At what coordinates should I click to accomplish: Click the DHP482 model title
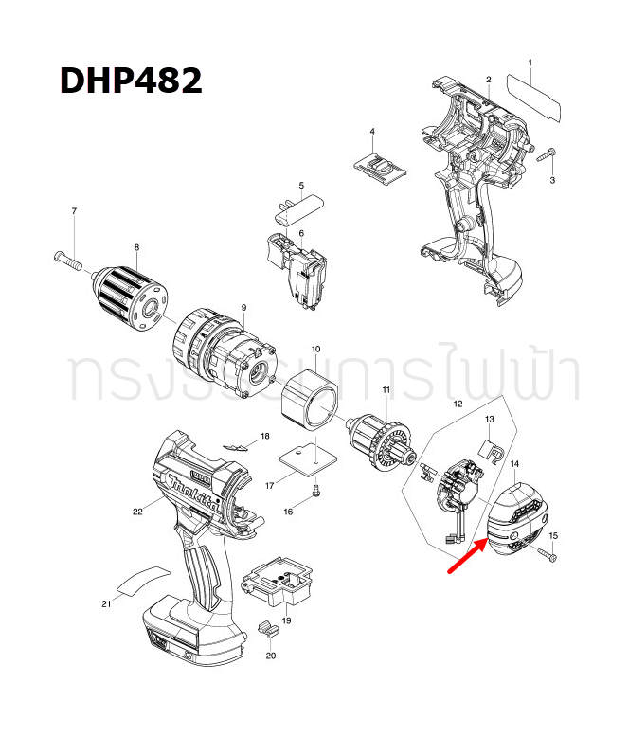(x=131, y=81)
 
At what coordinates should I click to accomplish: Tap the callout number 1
(x=530, y=63)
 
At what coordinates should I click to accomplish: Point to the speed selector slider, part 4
(x=379, y=164)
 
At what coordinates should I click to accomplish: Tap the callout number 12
(x=458, y=404)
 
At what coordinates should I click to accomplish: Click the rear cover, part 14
(x=517, y=516)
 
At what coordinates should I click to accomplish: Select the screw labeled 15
(x=547, y=554)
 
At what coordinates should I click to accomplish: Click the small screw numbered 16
(x=316, y=490)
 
